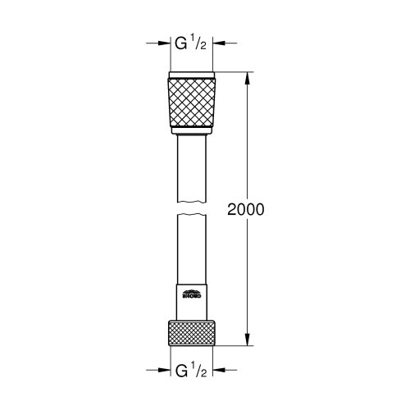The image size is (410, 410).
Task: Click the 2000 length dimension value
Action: tap(246, 209)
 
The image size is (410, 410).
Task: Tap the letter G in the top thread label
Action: tap(182, 43)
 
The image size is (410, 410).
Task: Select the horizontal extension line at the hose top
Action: tap(234, 74)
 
